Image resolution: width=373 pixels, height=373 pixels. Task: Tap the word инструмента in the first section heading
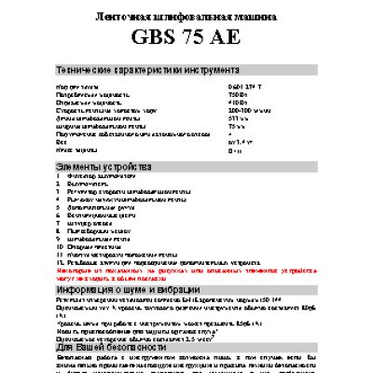coord(191,71)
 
